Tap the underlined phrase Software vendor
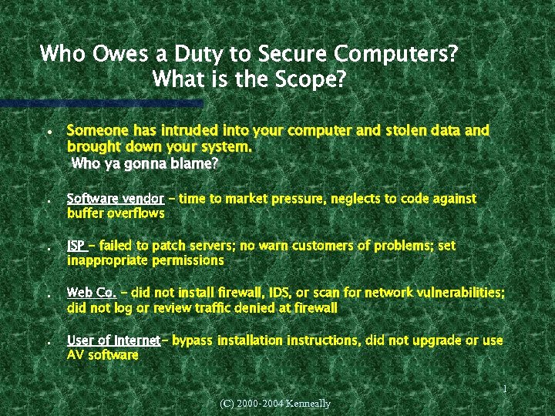point(115,199)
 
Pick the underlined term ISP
point(76,247)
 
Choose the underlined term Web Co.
point(92,294)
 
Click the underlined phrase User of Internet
point(113,341)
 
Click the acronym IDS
point(280,294)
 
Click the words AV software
point(103,355)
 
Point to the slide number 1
point(504,390)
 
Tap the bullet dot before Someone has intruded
point(49,133)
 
